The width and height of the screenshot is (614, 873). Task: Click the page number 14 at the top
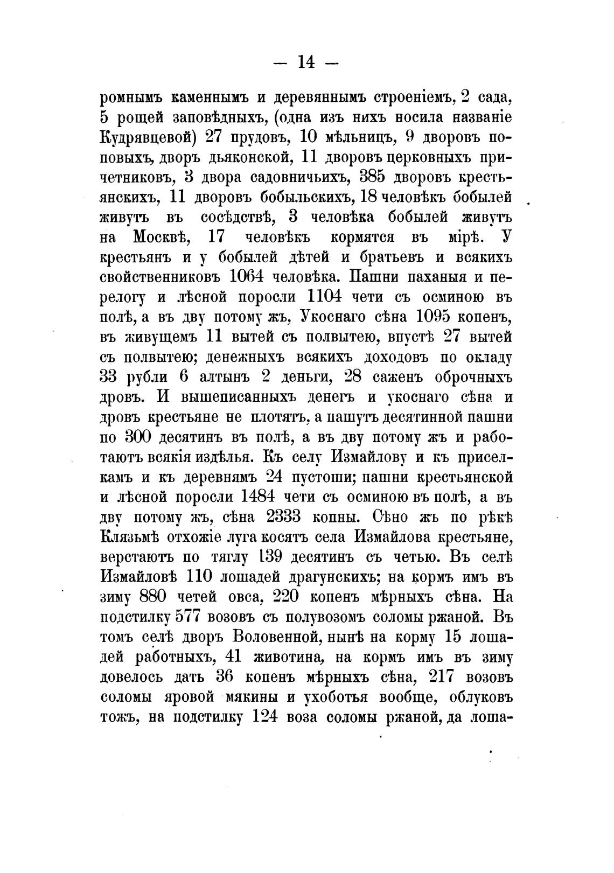tap(306, 62)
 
